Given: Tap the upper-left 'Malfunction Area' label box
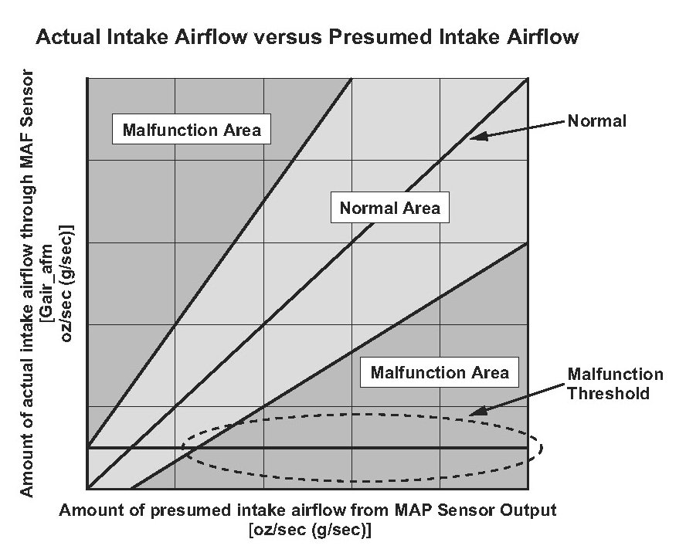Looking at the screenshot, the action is (192, 130).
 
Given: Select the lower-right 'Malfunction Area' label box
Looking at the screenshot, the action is (440, 372).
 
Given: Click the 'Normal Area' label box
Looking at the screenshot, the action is (390, 208).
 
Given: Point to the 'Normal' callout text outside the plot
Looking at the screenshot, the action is (596, 120).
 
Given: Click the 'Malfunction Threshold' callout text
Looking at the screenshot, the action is (615, 384).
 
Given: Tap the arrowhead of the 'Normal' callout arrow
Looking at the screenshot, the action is (477, 137).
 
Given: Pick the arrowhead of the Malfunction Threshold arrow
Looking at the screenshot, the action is (476, 412).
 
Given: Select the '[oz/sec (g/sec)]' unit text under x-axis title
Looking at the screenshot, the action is (310, 530).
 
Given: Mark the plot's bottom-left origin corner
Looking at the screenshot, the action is (87, 489).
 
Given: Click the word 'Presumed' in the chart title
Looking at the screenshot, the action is (380, 37).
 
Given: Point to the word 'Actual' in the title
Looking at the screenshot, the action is (68, 37).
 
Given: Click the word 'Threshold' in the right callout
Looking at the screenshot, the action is (608, 393).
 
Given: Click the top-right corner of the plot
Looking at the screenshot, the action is (528, 79).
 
